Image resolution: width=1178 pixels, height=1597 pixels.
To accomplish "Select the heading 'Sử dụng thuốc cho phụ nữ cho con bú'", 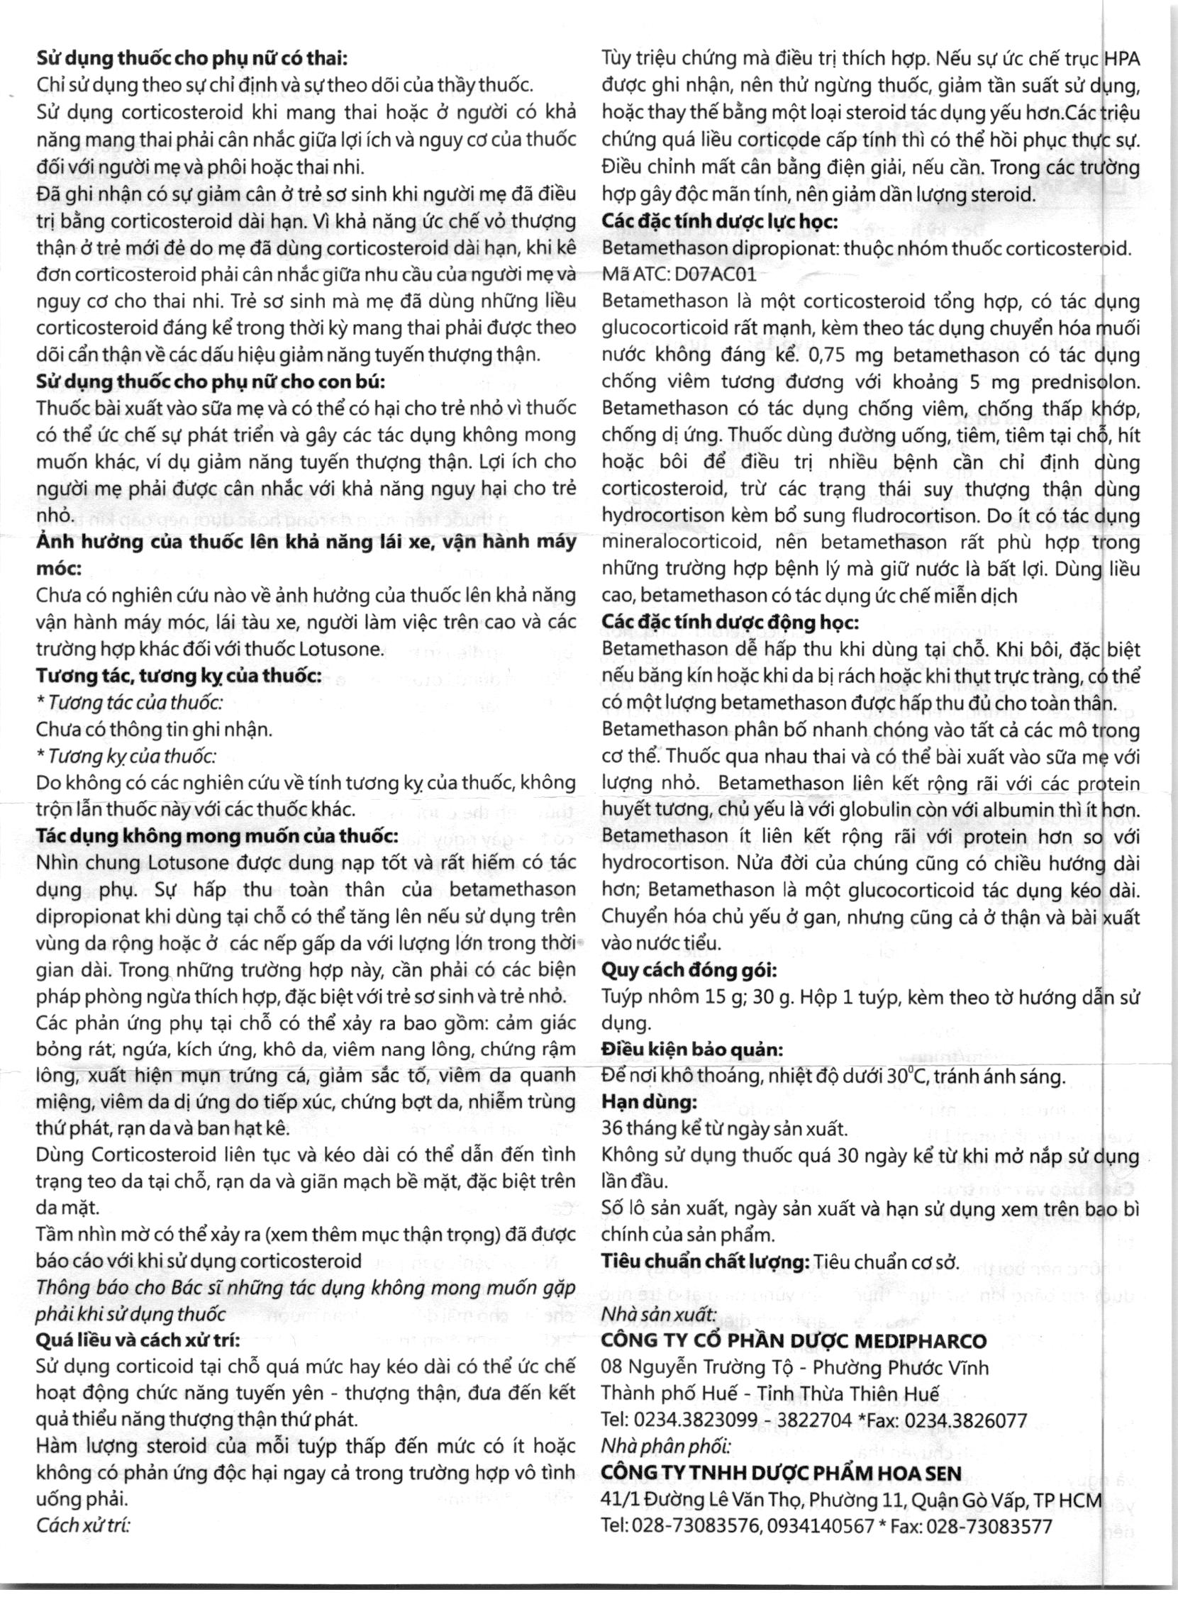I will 211,382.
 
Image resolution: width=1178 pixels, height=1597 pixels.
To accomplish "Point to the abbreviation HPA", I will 1122,58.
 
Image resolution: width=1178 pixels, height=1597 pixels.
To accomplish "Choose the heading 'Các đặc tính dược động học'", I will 730,623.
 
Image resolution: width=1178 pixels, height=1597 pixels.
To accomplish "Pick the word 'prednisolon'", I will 1085,382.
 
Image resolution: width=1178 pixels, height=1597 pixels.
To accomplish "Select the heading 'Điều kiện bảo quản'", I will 691,1050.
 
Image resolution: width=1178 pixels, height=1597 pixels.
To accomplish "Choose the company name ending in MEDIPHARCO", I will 794,1341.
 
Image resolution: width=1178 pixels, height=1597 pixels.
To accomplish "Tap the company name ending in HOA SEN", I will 781,1473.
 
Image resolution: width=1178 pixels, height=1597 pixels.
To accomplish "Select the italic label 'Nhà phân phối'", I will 666,1447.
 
